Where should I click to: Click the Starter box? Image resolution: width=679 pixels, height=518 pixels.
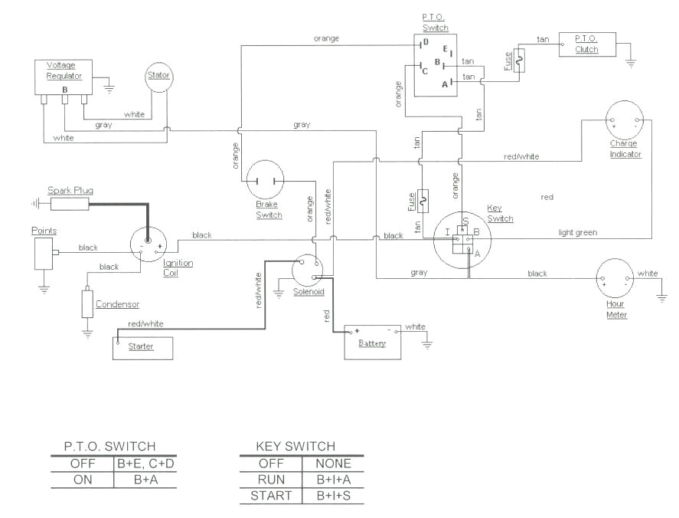[x=144, y=346]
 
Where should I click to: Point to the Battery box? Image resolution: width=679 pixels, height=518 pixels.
[x=373, y=339]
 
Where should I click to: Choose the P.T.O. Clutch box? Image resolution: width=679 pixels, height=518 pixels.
[x=587, y=44]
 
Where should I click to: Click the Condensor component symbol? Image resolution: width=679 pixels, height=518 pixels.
[x=87, y=304]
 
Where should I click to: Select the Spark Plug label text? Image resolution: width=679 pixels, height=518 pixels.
[x=70, y=190]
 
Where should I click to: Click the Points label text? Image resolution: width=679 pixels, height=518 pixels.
[x=44, y=231]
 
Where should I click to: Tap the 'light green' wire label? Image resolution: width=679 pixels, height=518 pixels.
[x=577, y=232]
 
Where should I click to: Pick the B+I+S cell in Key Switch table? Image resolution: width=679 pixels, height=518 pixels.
[x=333, y=496]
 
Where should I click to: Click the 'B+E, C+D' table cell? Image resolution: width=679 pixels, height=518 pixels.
[x=145, y=464]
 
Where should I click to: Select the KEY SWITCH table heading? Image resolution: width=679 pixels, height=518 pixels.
[x=295, y=446]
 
